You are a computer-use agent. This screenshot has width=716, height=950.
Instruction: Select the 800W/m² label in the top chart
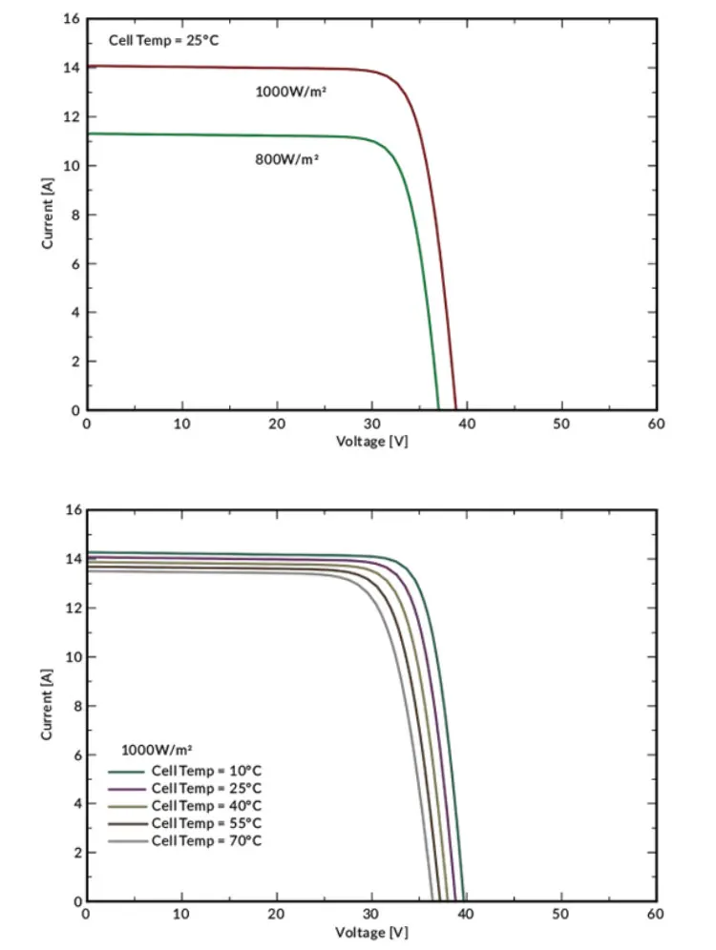286,158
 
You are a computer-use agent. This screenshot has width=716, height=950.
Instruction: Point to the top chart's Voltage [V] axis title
371,442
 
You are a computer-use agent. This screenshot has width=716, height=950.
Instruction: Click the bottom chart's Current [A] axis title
47,705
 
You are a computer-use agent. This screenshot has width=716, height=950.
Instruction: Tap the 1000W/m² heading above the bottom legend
157,750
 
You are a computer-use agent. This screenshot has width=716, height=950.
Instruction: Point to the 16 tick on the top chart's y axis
70,19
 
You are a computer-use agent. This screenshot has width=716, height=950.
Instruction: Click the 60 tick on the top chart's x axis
656,423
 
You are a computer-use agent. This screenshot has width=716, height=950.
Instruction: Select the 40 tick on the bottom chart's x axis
466,915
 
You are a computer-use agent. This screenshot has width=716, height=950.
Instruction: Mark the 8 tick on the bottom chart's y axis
74,705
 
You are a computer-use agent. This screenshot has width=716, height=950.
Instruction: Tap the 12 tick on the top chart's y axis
70,116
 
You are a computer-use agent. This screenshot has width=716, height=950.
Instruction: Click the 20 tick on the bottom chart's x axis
277,915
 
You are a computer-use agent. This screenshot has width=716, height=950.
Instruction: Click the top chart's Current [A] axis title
47,215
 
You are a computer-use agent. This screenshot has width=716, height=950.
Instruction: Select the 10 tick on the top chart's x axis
181,423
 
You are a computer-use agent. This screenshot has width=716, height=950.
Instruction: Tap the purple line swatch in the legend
127,788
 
